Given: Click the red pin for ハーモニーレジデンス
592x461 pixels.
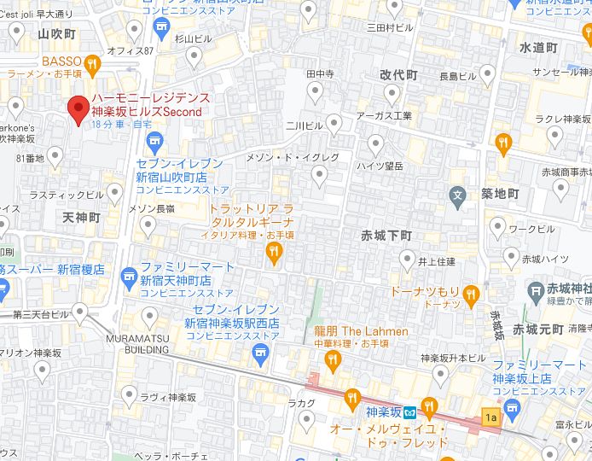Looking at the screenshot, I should [x=78, y=109].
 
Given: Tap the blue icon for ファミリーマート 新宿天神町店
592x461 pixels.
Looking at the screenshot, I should [x=129, y=274].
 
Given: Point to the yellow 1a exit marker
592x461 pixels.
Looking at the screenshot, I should [x=490, y=417].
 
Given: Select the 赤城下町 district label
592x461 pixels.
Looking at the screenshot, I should [x=386, y=235].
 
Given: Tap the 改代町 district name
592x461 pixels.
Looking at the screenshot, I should [x=398, y=75].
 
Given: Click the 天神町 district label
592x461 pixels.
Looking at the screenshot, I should [x=81, y=219].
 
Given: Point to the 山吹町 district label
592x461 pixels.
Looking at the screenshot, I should [x=57, y=34].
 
